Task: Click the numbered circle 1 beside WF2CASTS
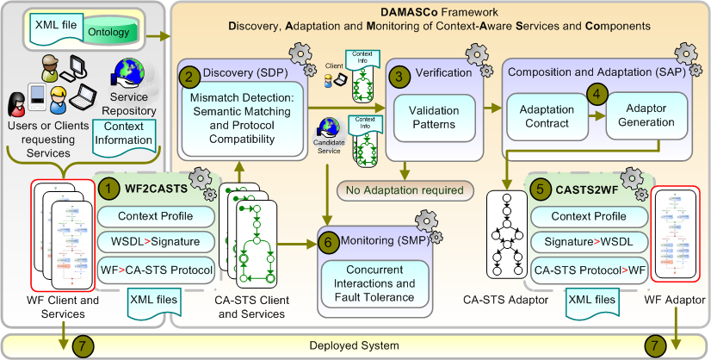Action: pyautogui.click(x=108, y=186)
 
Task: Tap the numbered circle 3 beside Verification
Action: pyautogui.click(x=397, y=73)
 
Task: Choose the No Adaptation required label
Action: pyautogui.click(x=400, y=189)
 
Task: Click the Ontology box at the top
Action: pyautogui.click(x=109, y=32)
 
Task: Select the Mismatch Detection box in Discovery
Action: pyautogui.click(x=243, y=119)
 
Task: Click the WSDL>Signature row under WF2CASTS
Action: pyautogui.click(x=155, y=242)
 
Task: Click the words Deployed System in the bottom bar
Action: pyautogui.click(x=355, y=345)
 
